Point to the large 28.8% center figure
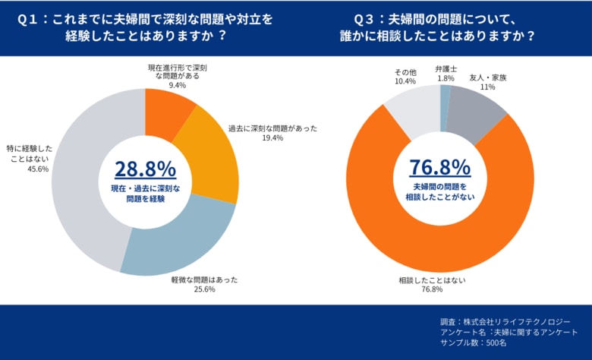point(144,168)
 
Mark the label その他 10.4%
point(405,76)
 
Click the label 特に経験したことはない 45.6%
point(30,158)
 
